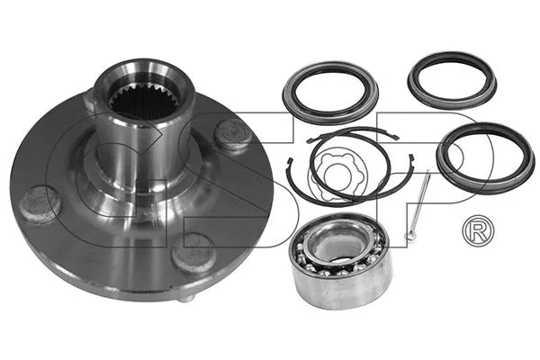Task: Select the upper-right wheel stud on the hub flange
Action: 236,135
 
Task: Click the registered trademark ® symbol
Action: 474,231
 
